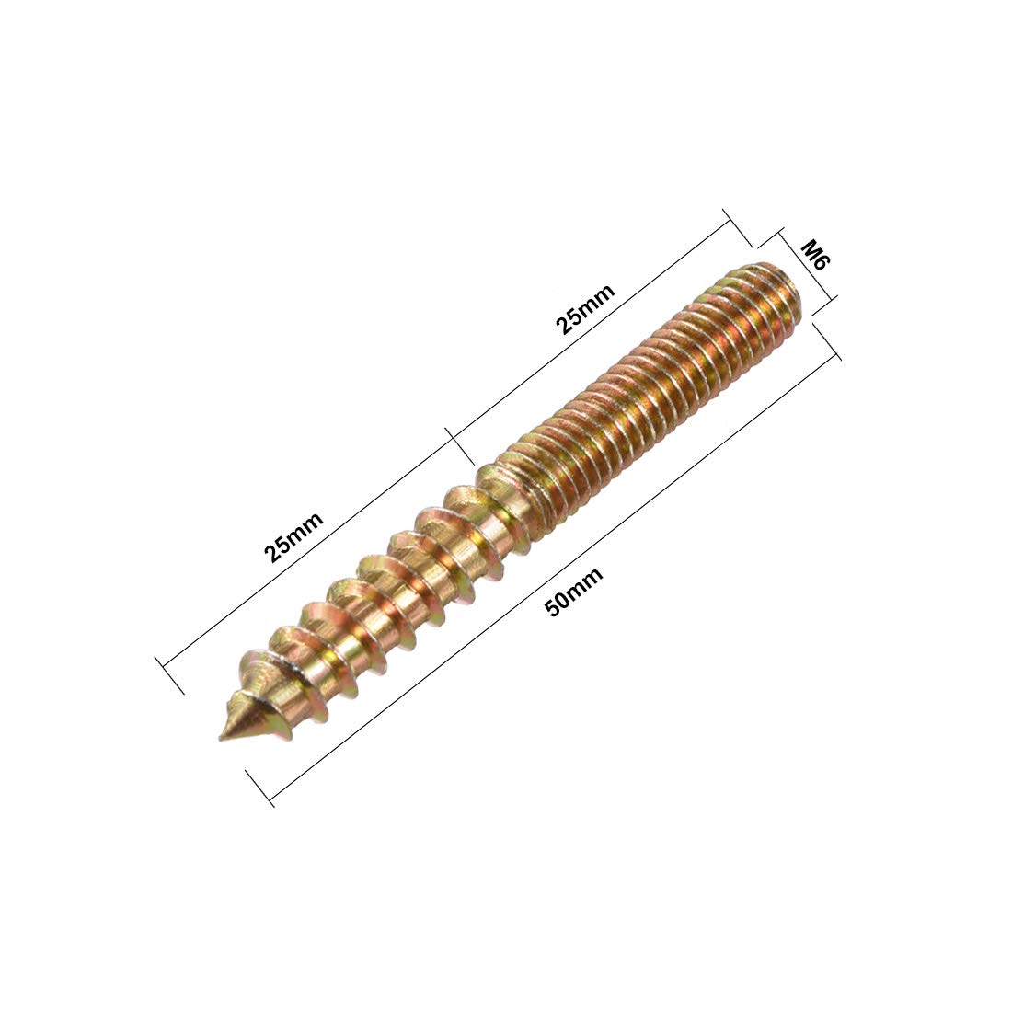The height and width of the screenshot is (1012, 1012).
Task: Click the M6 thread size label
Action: [x=814, y=256]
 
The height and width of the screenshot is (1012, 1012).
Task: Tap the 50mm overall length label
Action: [x=574, y=592]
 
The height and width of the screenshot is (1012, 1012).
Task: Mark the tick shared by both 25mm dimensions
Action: [x=459, y=444]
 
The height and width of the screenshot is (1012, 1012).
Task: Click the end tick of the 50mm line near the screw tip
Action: [x=260, y=788]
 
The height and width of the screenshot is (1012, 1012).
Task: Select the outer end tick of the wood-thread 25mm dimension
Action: [x=170, y=675]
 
